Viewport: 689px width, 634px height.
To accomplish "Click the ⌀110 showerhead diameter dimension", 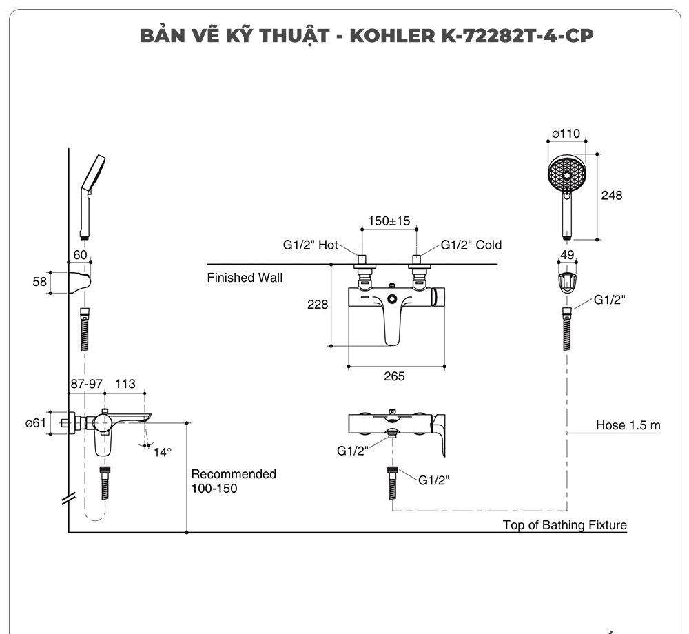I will pyautogui.click(x=566, y=134).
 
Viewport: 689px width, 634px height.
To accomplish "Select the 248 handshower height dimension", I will pyautogui.click(x=611, y=195).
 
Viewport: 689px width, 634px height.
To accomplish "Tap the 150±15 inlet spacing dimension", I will pyautogui.click(x=389, y=221).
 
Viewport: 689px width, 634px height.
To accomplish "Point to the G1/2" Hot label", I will pyautogui.click(x=310, y=245).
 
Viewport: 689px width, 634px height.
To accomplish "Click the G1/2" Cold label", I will pyautogui.click(x=471, y=245).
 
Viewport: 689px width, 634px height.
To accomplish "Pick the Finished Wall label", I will pyautogui.click(x=245, y=278).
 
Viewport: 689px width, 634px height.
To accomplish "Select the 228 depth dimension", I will pyautogui.click(x=317, y=305).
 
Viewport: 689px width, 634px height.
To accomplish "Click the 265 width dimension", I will pyautogui.click(x=394, y=376).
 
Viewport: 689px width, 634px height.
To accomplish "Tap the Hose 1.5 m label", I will pyautogui.click(x=628, y=425).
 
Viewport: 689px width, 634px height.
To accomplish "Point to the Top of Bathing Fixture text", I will pyautogui.click(x=564, y=525).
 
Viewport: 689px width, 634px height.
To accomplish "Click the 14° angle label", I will pyautogui.click(x=163, y=452).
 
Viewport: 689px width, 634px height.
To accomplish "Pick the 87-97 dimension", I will pyautogui.click(x=86, y=384).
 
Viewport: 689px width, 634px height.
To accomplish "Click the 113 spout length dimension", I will pyautogui.click(x=125, y=384).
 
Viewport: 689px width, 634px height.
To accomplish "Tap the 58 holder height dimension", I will pyautogui.click(x=39, y=283).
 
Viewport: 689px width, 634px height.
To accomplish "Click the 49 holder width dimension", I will pyautogui.click(x=568, y=255).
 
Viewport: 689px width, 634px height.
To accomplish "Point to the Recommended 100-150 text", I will pyautogui.click(x=233, y=481).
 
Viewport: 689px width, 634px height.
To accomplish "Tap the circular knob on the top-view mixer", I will pyautogui.click(x=392, y=299).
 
